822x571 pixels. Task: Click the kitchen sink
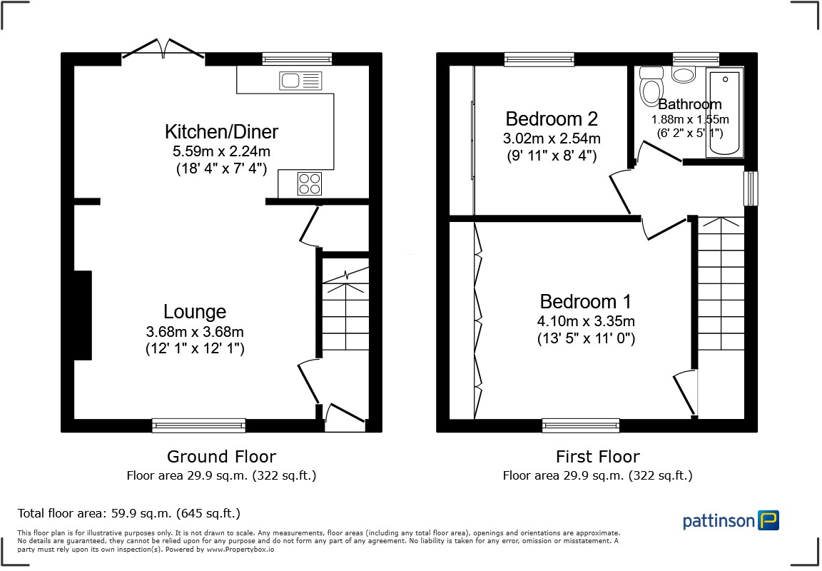[300, 81]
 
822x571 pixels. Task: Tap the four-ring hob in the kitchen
[309, 183]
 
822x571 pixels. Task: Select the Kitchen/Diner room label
[221, 132]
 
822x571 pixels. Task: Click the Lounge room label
[195, 312]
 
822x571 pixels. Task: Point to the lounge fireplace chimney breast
[83, 315]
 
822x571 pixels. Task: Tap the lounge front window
[198, 425]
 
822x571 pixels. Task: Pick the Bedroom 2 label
[552, 118]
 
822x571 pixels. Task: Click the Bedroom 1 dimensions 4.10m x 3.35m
[587, 321]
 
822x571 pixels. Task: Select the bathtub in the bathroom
[724, 112]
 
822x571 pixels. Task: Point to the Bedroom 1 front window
[580, 425]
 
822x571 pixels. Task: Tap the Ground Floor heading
[221, 457]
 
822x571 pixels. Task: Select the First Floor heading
[597, 457]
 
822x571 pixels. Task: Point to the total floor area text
[128, 513]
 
